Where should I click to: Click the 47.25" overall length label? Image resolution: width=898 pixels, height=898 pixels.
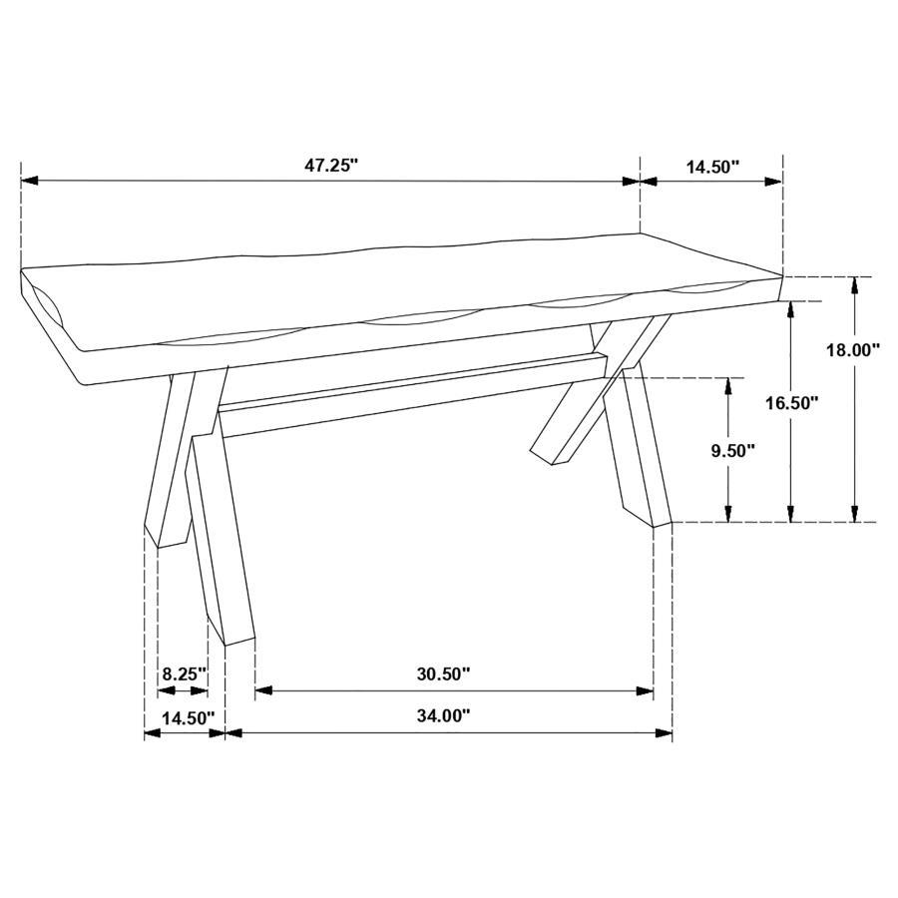tap(330, 167)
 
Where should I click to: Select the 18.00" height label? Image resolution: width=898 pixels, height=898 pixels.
tap(853, 350)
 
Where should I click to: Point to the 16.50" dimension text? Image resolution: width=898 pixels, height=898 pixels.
tap(791, 403)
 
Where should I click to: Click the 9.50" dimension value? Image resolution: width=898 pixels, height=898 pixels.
tap(732, 450)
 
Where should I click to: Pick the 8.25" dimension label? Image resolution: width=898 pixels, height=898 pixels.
tap(185, 673)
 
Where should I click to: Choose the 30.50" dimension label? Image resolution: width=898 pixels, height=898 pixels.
tap(443, 673)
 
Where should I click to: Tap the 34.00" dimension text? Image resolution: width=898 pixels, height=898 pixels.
tap(443, 715)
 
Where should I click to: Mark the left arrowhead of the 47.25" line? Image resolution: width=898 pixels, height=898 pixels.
tap(28, 181)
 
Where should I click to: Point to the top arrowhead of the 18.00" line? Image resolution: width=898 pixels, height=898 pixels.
tap(854, 284)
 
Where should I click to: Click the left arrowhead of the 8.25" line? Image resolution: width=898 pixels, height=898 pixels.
tap(165, 689)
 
